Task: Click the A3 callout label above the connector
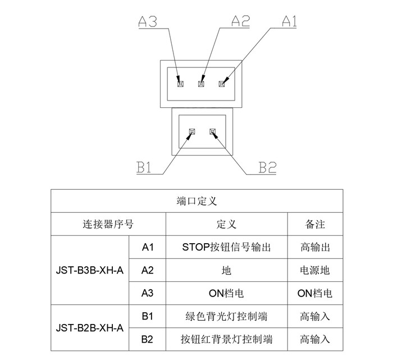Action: pyautogui.click(x=147, y=21)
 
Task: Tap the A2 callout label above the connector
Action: pyautogui.click(x=240, y=21)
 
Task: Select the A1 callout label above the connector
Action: pyautogui.click(x=289, y=21)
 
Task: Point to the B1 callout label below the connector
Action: pyautogui.click(x=144, y=167)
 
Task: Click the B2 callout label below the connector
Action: pyautogui.click(x=267, y=167)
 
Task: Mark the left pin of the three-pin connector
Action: pyautogui.click(x=180, y=84)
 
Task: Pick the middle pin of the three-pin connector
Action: pyautogui.click(x=201, y=84)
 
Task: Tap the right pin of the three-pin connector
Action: pyautogui.click(x=221, y=84)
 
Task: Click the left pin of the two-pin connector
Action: pyautogui.click(x=191, y=132)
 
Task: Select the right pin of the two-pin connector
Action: pyautogui.click(x=212, y=132)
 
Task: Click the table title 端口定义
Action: pyautogui.click(x=196, y=200)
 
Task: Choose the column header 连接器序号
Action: pyautogui.click(x=108, y=224)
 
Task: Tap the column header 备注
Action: pyautogui.click(x=315, y=224)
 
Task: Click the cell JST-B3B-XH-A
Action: pyautogui.click(x=90, y=270)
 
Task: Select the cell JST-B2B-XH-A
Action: pyautogui.click(x=90, y=327)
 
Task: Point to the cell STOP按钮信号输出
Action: pyautogui.click(x=227, y=247)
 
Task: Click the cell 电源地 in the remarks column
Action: pyautogui.click(x=315, y=270)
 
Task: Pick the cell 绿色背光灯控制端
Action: pyautogui.click(x=227, y=316)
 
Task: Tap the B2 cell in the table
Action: pyautogui.click(x=148, y=339)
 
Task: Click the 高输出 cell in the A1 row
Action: pyautogui.click(x=315, y=247)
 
